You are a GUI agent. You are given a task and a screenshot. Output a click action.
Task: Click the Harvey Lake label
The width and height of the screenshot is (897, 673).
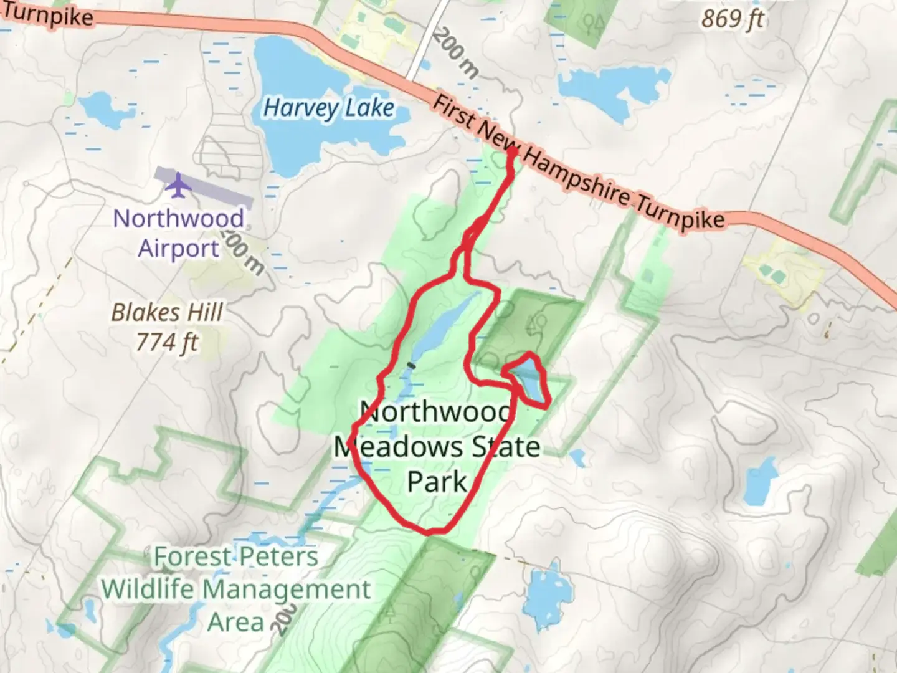pyautogui.click(x=329, y=108)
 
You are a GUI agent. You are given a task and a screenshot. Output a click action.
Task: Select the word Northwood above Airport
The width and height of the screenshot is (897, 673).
pyautogui.click(x=179, y=219)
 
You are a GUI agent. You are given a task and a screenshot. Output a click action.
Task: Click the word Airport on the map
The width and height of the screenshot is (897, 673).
pyautogui.click(x=179, y=248)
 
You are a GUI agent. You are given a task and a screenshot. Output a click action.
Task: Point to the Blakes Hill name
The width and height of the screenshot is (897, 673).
pyautogui.click(x=167, y=312)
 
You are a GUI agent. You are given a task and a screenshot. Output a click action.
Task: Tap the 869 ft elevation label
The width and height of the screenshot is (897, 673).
pyautogui.click(x=733, y=19)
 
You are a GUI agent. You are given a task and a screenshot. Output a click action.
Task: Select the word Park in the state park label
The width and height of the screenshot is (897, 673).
pyautogui.click(x=437, y=481)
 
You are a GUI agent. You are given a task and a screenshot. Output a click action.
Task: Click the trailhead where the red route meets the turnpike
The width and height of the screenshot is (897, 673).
pyautogui.click(x=513, y=151)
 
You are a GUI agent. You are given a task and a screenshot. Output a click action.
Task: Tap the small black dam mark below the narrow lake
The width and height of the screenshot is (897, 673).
pyautogui.click(x=411, y=365)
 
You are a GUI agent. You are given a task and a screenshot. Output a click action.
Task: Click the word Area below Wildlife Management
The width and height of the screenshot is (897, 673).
pyautogui.click(x=236, y=621)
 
